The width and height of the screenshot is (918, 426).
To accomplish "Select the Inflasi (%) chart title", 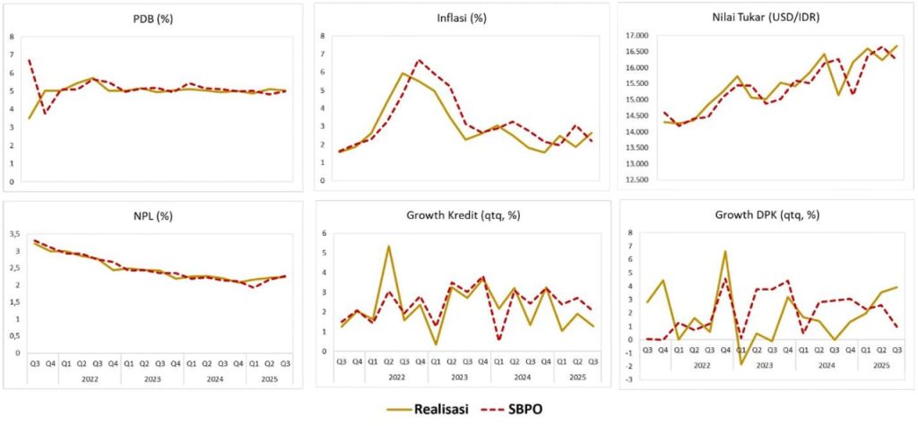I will (x=457, y=19).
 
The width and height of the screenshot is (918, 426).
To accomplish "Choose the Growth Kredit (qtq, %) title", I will (x=458, y=215).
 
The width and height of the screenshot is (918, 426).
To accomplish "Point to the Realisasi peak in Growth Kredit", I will (x=388, y=246).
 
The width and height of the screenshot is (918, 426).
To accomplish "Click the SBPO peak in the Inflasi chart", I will (x=419, y=60).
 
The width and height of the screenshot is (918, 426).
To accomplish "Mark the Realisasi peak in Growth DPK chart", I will (x=724, y=251).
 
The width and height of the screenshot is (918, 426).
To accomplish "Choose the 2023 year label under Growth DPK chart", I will (x=766, y=366).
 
